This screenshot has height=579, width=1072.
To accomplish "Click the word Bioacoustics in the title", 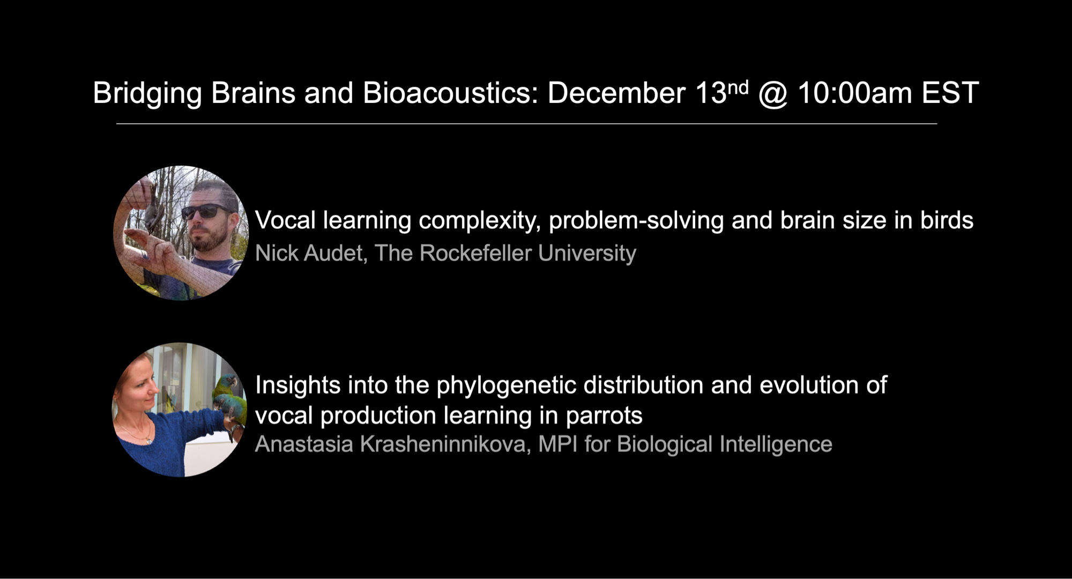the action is coord(450,93).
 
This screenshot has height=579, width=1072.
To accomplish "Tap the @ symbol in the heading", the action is coord(773,93).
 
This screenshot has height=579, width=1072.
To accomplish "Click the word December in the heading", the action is coord(616,93).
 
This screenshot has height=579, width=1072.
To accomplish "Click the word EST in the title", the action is coord(950,93).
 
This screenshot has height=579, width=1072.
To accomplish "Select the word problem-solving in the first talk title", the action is coord(636,220).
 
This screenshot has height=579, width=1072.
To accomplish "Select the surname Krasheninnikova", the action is coord(445,444).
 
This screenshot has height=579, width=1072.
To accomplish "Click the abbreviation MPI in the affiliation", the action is coord(557,444).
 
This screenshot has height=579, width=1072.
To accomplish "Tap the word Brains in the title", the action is coord(253,93).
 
